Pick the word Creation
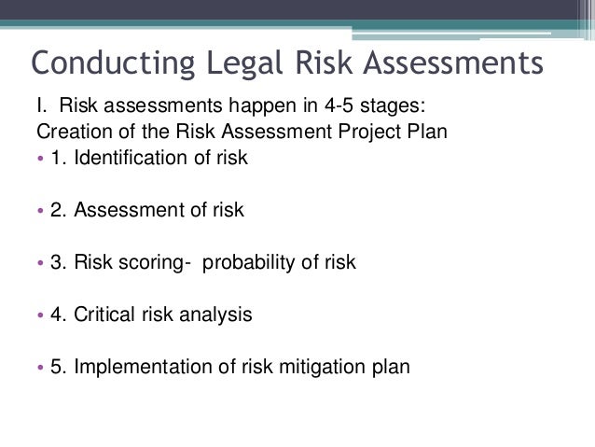(71, 131)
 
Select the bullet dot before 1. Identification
(41, 158)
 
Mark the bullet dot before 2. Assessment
(41, 210)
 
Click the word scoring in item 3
(150, 263)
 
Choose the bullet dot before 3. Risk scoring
(41, 263)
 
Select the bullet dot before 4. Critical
(41, 315)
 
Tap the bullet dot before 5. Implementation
(41, 368)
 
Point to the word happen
(193, 105)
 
